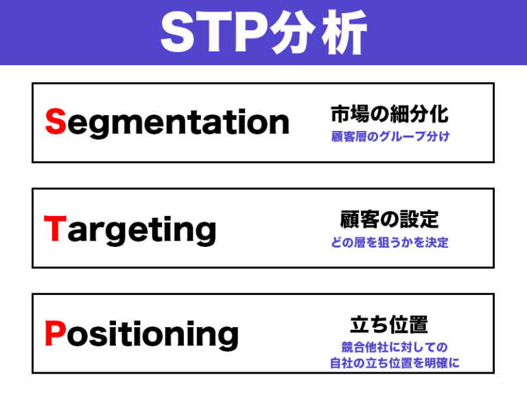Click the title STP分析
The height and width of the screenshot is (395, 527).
[x=263, y=32]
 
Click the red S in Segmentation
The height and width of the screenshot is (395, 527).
[x=55, y=122]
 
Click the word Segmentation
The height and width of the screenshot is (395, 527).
[x=167, y=123]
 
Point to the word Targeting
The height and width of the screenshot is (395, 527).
[x=130, y=230]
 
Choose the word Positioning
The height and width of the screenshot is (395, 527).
[x=141, y=335]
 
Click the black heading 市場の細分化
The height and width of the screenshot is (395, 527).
[x=389, y=114]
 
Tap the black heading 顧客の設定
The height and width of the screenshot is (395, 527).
[x=389, y=219]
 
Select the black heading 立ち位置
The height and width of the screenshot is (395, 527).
[x=389, y=324]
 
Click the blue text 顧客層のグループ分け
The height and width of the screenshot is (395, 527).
[x=390, y=136]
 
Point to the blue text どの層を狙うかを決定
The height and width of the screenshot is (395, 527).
[x=390, y=243]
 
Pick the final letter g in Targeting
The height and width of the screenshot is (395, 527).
[x=204, y=233]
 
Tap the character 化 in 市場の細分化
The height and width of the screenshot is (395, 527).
[x=438, y=114]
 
